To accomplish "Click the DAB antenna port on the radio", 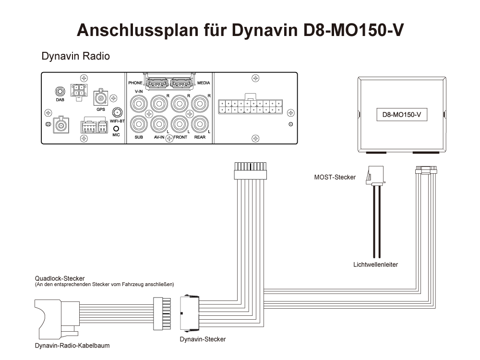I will (x=60, y=92).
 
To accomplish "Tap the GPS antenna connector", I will (x=101, y=99).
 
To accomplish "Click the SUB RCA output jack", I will (x=139, y=124).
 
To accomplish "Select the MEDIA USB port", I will (x=182, y=83).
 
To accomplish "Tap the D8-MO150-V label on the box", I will (x=401, y=115).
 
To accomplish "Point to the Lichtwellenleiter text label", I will (x=375, y=264).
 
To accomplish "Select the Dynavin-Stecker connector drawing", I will (x=188, y=312).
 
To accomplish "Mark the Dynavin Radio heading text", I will (x=76, y=56).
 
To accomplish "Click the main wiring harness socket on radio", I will (x=249, y=106).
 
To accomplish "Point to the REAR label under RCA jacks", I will (x=200, y=137).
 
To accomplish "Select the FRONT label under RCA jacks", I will (x=180, y=137).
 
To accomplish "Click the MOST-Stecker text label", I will (x=335, y=177).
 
